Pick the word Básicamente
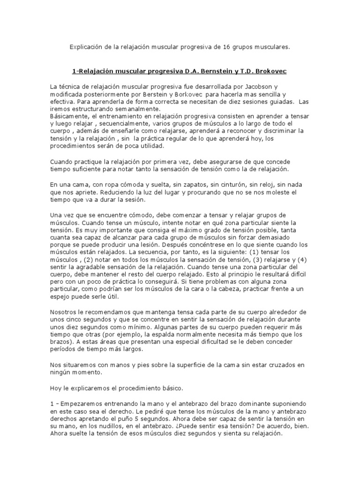coord(68,116)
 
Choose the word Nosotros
coord(65,312)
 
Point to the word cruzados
coord(274,365)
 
